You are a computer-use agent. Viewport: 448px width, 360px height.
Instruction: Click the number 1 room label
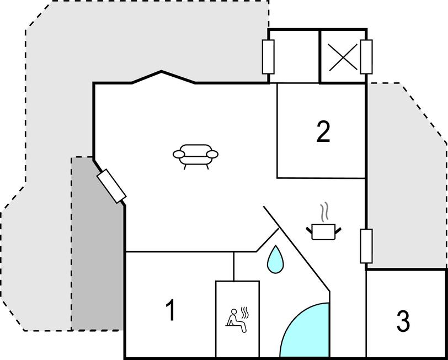click(x=171, y=310)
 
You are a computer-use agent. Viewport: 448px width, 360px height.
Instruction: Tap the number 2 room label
click(x=323, y=131)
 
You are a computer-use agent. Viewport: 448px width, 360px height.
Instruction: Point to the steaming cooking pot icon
click(x=324, y=221)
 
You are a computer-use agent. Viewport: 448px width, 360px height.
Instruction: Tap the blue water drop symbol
click(x=275, y=260)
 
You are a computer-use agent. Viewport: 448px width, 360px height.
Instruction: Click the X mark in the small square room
click(x=343, y=57)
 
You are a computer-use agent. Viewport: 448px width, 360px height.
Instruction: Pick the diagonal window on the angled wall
click(x=111, y=186)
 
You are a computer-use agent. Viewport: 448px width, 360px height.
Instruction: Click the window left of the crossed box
click(x=268, y=57)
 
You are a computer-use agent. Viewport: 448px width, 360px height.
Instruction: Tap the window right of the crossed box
click(x=366, y=57)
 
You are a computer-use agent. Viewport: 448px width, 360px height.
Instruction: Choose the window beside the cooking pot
click(x=366, y=246)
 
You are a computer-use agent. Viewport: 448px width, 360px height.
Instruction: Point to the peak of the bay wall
click(x=162, y=71)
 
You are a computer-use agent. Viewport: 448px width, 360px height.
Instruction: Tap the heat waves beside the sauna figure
click(x=244, y=313)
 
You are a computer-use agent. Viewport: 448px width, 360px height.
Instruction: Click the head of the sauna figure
click(x=234, y=311)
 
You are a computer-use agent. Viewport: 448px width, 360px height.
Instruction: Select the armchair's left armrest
click(x=179, y=155)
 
